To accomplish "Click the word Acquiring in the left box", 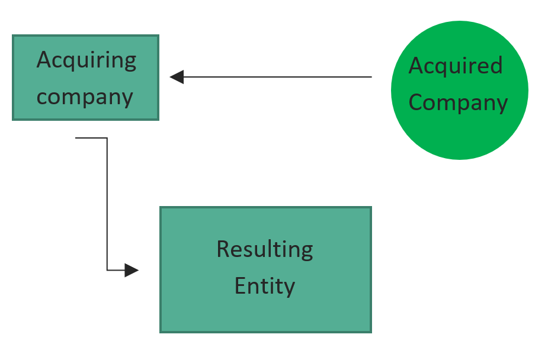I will click(86, 60).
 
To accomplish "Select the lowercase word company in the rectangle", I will click(85, 97).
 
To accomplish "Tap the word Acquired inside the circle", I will click(455, 65).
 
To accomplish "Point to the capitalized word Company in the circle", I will click(458, 102).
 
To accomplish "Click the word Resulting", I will click(265, 249).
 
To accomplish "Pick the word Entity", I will click(265, 286).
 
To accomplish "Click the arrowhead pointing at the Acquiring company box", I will click(177, 77).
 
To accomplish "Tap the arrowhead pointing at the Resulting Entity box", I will click(131, 271).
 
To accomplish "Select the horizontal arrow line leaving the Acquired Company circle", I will click(278, 77).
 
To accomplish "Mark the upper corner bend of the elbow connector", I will click(107, 138).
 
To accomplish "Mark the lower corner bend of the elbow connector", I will click(107, 271).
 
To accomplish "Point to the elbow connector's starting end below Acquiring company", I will click(77, 138).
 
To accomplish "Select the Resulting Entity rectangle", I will click(265, 314).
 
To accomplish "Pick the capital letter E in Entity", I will click(240, 286).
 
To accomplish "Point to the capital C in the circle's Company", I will click(416, 102).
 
